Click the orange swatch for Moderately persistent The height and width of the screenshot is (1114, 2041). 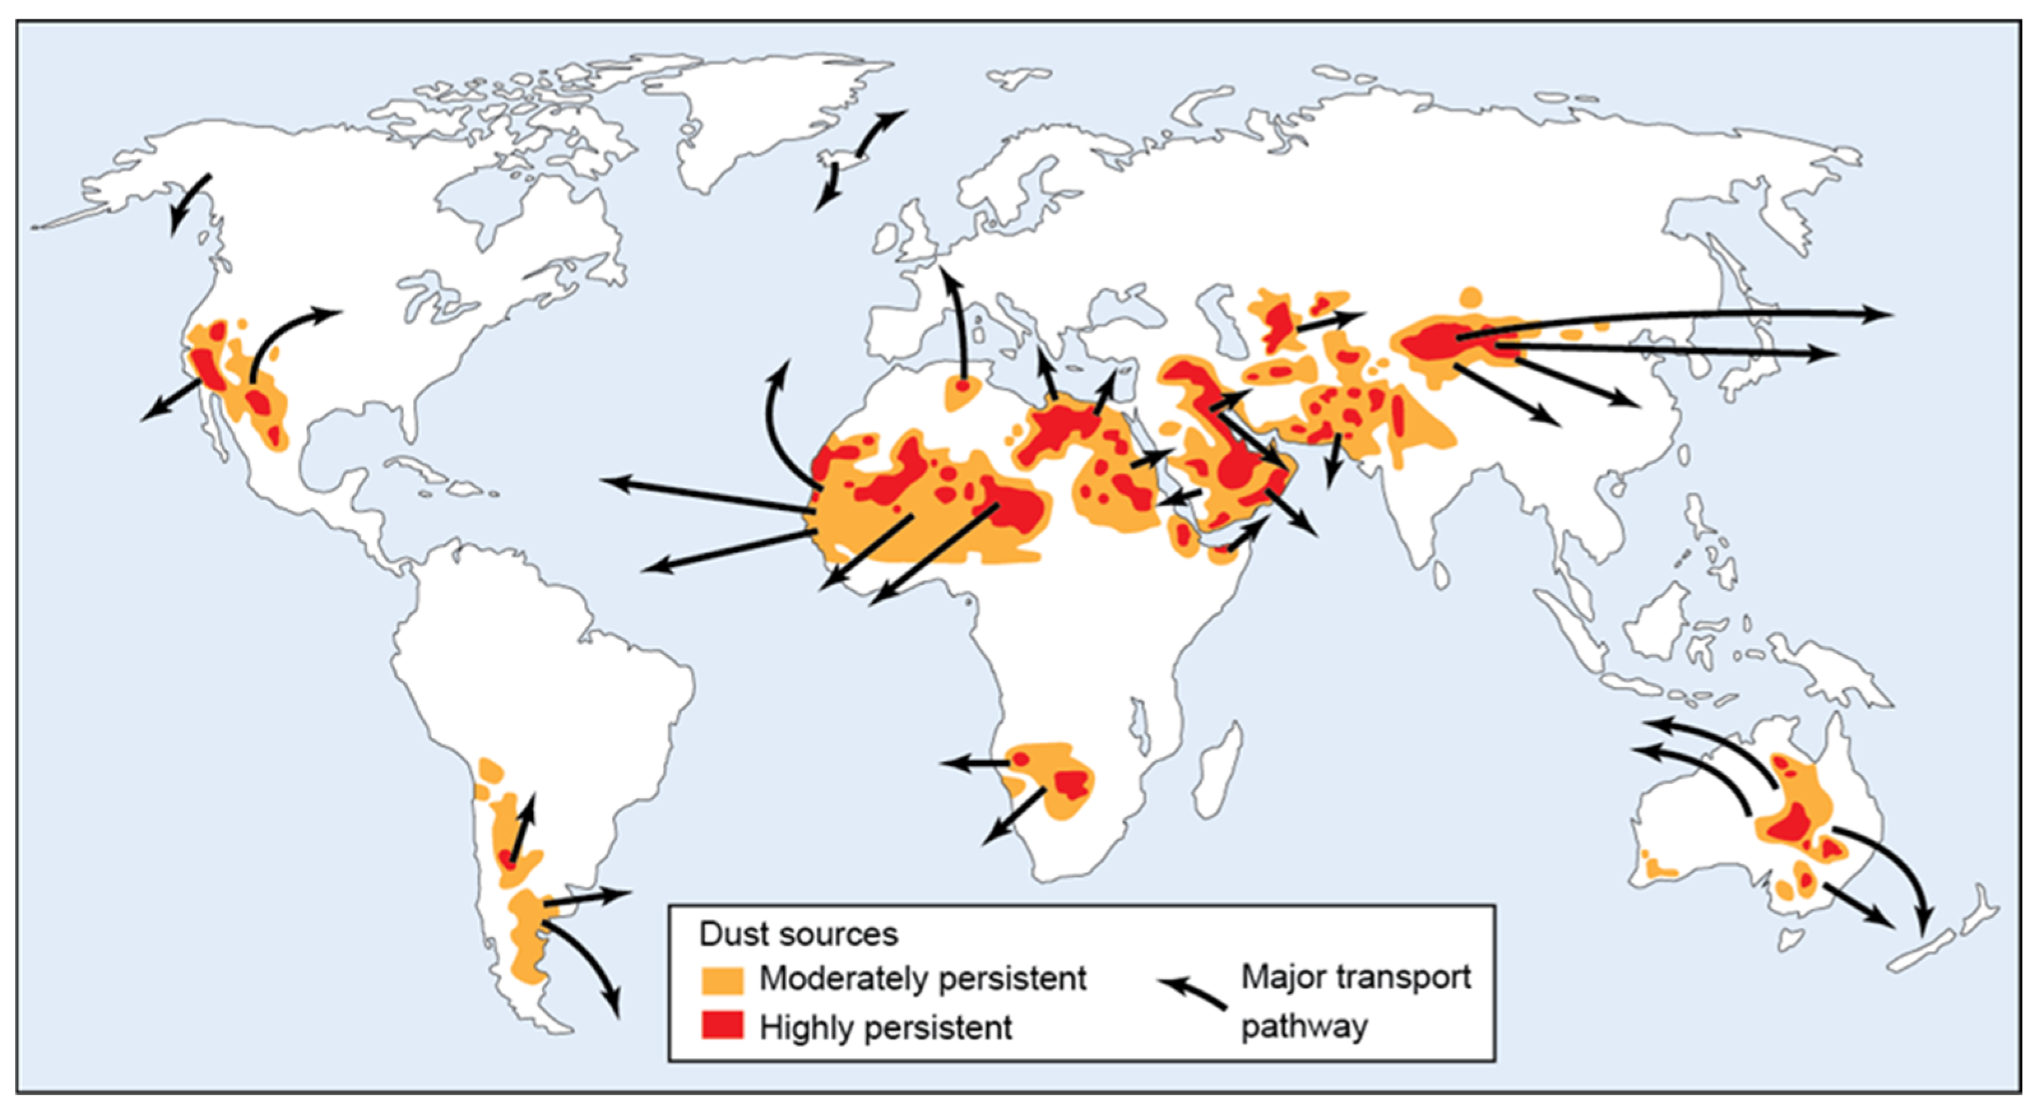722,980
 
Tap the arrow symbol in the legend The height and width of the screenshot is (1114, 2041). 1193,993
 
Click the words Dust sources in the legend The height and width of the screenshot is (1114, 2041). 798,934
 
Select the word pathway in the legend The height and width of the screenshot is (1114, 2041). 1304,1027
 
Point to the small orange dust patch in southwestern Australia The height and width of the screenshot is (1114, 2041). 1657,869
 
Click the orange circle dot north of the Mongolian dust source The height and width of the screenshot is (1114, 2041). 1471,297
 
